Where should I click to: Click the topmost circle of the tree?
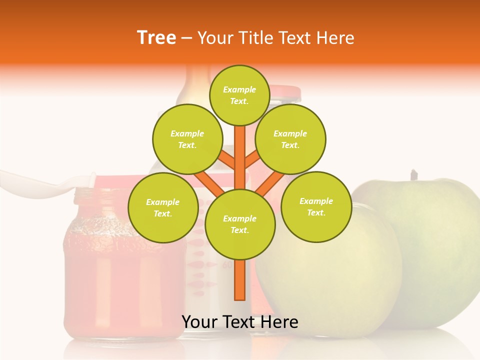click(239, 95)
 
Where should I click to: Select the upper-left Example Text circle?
click(187, 139)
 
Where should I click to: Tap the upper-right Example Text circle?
click(290, 139)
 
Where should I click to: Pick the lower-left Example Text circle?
click(163, 207)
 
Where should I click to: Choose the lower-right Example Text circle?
click(316, 206)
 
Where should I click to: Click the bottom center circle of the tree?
click(240, 224)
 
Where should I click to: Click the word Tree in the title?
click(156, 37)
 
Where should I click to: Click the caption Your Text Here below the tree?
click(239, 321)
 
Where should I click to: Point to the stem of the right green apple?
click(413, 175)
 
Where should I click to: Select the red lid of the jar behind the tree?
click(285, 91)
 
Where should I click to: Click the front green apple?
click(330, 270)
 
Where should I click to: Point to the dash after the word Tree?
click(186, 38)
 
